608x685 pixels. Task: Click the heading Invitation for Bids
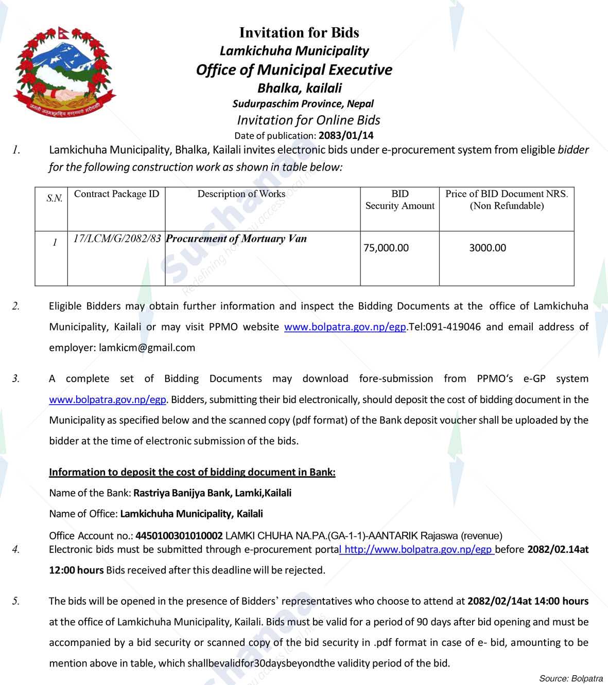(x=299, y=32)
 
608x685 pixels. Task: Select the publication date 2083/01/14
(x=346, y=136)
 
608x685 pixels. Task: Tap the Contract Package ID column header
(x=116, y=194)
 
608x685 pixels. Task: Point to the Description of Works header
(x=241, y=194)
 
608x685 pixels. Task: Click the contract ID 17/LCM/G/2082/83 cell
(x=117, y=239)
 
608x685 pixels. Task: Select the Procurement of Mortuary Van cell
(x=236, y=239)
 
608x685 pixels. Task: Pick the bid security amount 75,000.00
(x=386, y=248)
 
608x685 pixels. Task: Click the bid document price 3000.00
(x=487, y=248)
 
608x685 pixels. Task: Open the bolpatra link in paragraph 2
(x=345, y=327)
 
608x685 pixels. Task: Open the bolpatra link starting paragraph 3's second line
(x=107, y=400)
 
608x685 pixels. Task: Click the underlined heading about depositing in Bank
(x=192, y=472)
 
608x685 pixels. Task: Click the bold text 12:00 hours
(x=76, y=570)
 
